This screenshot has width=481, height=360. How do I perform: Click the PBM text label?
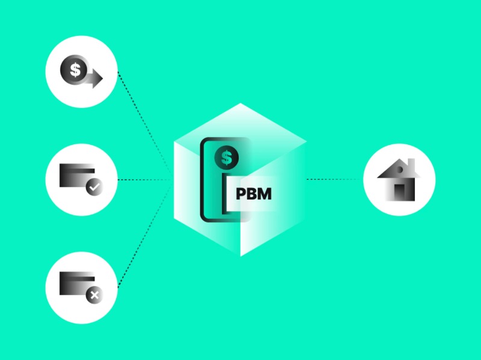253,194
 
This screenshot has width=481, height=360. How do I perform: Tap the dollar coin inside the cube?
227,158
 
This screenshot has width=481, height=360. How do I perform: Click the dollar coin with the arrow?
73,70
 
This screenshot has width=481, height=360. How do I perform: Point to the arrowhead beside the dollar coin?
96,78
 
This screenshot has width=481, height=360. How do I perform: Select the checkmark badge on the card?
94,187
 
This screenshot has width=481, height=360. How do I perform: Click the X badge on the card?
94,295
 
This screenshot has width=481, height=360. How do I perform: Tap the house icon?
399,180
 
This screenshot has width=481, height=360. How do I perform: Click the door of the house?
399,192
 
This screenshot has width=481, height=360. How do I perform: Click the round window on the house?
400,169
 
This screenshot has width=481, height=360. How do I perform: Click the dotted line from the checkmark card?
144,180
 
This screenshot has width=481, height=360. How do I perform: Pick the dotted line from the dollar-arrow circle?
144,123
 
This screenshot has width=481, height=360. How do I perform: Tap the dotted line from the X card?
144,237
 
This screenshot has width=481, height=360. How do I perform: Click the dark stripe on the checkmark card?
77,171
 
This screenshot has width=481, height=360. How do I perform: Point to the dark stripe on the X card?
77,279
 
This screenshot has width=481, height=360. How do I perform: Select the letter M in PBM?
265,194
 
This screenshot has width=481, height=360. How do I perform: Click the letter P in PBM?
240,194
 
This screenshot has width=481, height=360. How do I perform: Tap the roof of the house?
399,169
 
